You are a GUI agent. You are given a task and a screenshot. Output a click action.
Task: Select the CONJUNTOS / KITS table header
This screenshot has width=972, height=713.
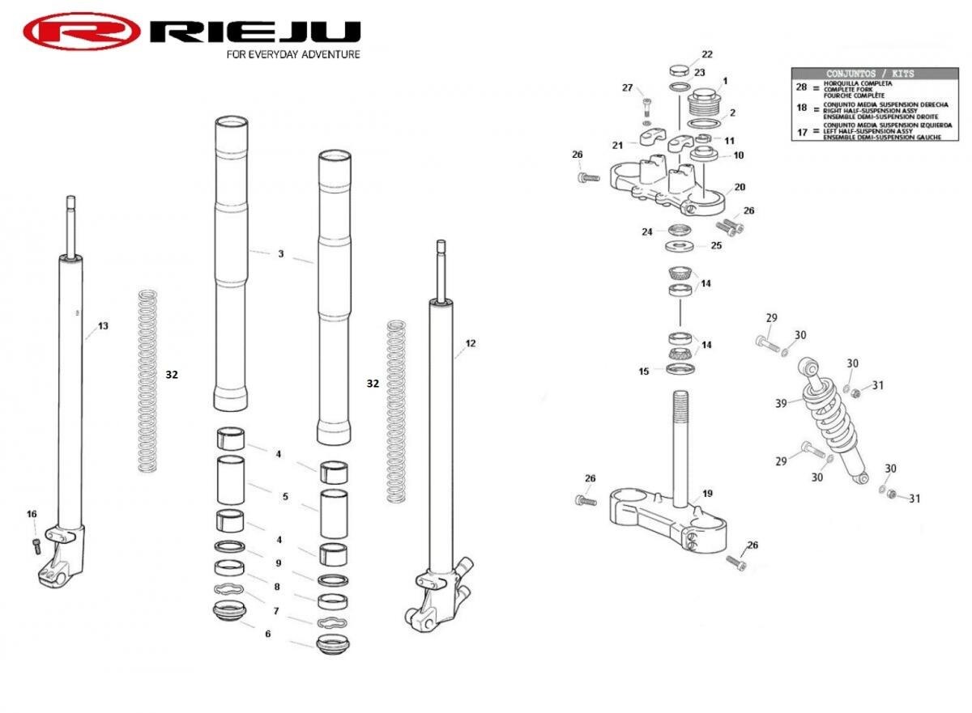(x=869, y=74)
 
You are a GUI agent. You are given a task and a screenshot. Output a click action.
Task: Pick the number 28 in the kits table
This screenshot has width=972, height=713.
(x=802, y=87)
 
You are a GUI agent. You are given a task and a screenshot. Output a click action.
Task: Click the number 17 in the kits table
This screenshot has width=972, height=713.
(x=802, y=132)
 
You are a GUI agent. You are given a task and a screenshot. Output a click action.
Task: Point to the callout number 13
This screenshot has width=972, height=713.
(x=103, y=326)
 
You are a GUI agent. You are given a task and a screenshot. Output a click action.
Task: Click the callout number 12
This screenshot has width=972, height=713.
(x=471, y=343)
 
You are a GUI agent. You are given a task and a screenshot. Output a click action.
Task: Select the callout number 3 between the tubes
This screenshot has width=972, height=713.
(x=281, y=254)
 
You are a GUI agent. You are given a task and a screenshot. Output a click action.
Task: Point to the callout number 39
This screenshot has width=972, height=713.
(x=781, y=403)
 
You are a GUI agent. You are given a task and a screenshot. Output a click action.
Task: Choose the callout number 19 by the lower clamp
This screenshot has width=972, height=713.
(x=707, y=494)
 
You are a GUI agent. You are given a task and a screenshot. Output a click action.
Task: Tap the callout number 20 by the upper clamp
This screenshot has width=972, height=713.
(x=740, y=188)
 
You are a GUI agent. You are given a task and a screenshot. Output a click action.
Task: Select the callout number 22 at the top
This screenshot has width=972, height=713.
(x=707, y=54)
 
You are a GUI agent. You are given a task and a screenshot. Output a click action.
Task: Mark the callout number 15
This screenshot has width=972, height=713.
(x=644, y=371)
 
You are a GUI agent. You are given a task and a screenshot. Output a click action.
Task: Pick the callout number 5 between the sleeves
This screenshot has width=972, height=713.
(x=285, y=496)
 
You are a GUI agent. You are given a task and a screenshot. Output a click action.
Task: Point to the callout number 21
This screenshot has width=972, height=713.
(x=618, y=145)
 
